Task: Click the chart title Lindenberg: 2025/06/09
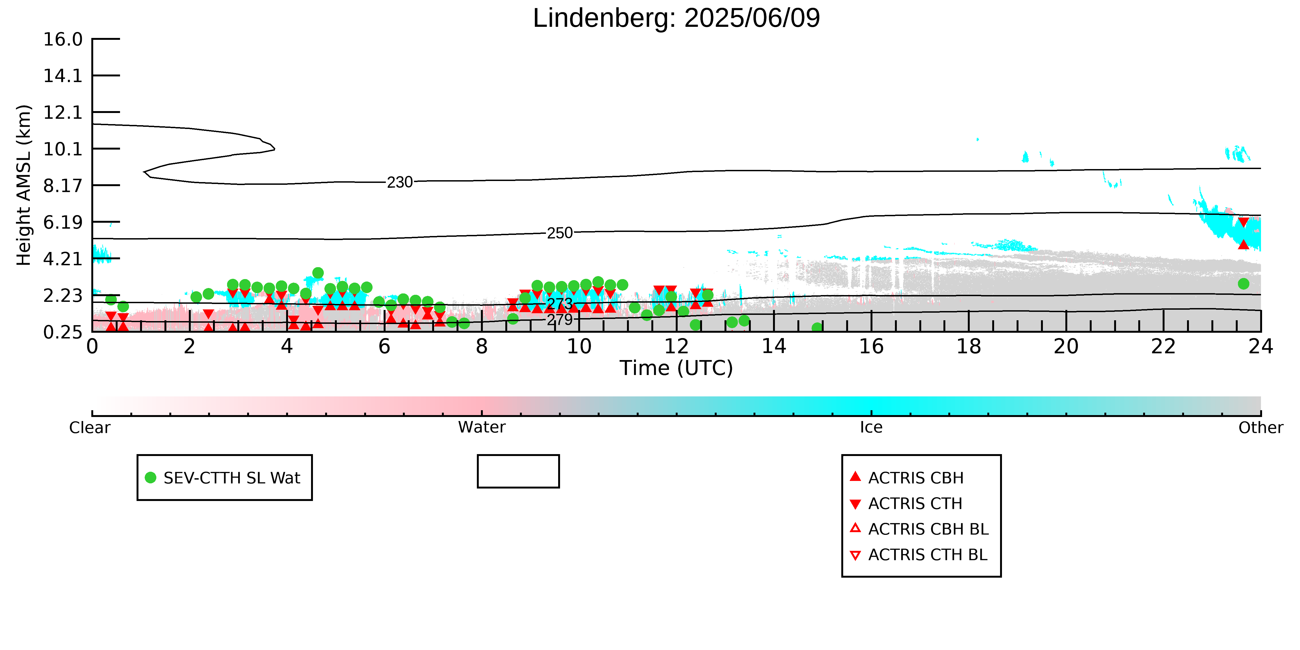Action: (x=676, y=18)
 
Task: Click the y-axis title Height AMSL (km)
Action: (x=24, y=185)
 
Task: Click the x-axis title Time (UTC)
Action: (x=676, y=368)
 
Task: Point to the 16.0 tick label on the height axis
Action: (x=63, y=39)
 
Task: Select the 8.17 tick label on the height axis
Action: (x=63, y=186)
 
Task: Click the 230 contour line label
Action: (x=400, y=182)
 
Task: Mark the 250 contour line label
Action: (x=560, y=233)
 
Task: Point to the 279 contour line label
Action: (x=560, y=319)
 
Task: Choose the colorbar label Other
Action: (x=1261, y=428)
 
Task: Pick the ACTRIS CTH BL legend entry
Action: (x=919, y=555)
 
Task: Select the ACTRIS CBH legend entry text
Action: (x=916, y=478)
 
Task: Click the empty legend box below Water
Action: (x=518, y=471)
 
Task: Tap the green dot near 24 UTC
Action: (x=1243, y=284)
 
